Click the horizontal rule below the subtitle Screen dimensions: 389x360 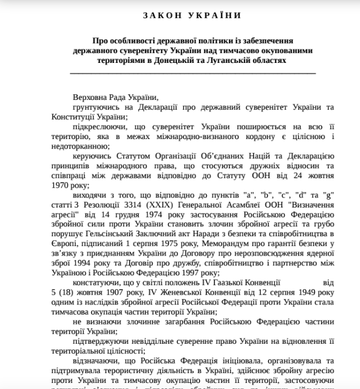point(193,72)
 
